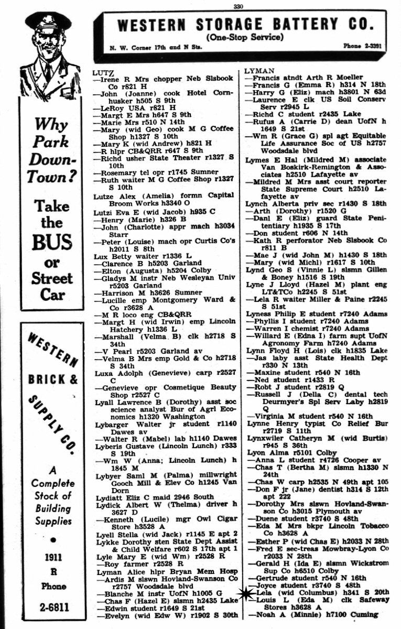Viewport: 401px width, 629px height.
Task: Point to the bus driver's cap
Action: (48, 21)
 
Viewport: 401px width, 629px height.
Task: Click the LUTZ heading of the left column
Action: (102, 71)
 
